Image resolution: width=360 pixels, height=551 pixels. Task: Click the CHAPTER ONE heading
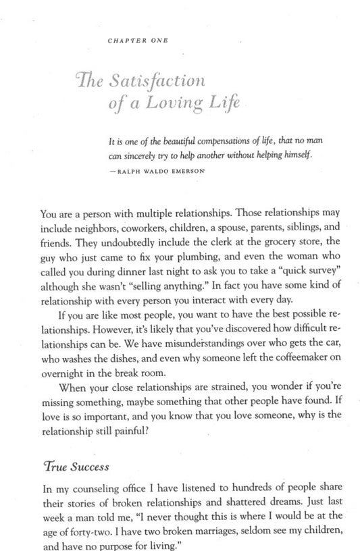pos(138,41)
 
